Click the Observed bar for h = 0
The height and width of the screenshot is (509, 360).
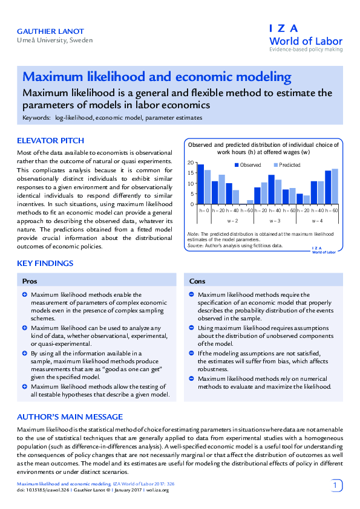click(x=201, y=184)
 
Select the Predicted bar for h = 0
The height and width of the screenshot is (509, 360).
click(x=208, y=187)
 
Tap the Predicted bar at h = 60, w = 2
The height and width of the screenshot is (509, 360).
click(x=250, y=202)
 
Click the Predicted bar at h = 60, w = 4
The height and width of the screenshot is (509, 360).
click(x=335, y=187)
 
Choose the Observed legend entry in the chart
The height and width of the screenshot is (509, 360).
click(x=247, y=165)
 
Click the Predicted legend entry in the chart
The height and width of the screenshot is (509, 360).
click(x=287, y=165)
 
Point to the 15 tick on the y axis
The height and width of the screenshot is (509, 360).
click(x=191, y=173)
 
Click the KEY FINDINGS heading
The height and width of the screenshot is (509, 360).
click(x=45, y=263)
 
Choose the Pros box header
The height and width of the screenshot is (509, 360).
click(x=30, y=281)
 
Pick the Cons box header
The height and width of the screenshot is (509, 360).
click(x=197, y=281)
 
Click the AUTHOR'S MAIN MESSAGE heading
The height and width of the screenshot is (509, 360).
click(x=70, y=417)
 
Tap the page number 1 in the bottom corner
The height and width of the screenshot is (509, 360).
click(x=337, y=485)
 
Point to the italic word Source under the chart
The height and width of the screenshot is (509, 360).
click(x=195, y=246)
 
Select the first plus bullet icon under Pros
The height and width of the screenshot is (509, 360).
click(x=25, y=294)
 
